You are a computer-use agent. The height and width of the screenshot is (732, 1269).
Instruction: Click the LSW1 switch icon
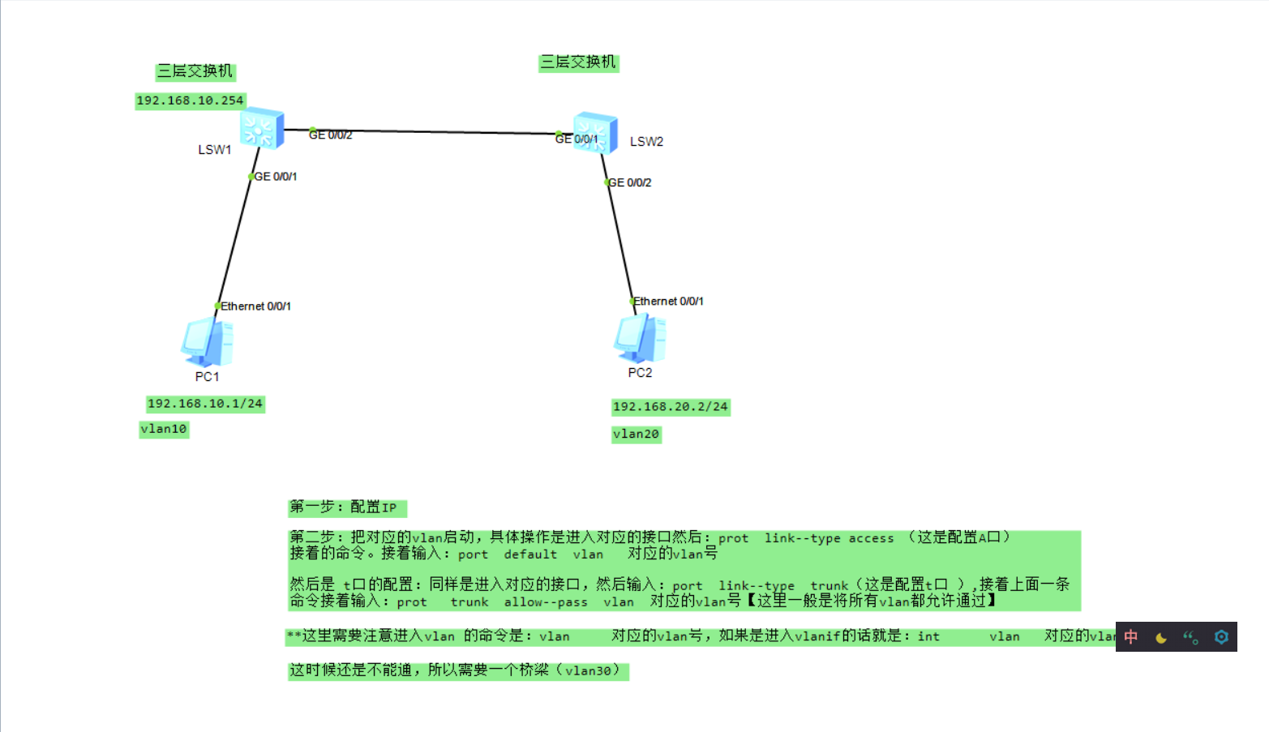261,128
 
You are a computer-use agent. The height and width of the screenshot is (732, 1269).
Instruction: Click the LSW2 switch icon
595,134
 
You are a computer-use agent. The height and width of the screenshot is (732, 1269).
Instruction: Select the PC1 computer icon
208,342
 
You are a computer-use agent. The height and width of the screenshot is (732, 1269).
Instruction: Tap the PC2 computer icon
640,338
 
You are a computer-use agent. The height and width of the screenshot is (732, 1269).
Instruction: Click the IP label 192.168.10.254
190,101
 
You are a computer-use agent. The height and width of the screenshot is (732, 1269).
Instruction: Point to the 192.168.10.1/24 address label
205,404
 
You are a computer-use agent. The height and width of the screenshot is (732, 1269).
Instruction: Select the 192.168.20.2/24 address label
671,407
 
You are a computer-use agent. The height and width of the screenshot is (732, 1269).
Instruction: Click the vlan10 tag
164,429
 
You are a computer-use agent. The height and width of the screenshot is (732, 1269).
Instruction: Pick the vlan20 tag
636,434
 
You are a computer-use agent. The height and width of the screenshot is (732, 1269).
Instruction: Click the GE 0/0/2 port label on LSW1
331,135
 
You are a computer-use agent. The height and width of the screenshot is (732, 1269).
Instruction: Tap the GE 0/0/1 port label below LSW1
276,177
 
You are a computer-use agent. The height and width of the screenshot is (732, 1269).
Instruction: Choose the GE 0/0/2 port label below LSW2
630,183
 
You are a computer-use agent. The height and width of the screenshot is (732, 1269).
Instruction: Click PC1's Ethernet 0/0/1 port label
255,306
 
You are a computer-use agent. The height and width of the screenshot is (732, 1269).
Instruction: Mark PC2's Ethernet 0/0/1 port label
668,302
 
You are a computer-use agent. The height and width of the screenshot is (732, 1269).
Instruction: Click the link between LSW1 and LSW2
430,131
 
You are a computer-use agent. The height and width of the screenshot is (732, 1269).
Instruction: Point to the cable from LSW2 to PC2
619,239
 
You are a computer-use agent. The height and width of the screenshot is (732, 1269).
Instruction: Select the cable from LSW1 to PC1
235,241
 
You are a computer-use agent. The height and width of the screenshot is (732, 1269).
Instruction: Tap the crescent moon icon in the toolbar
1161,637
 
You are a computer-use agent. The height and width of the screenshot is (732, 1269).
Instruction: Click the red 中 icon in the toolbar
1131,637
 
